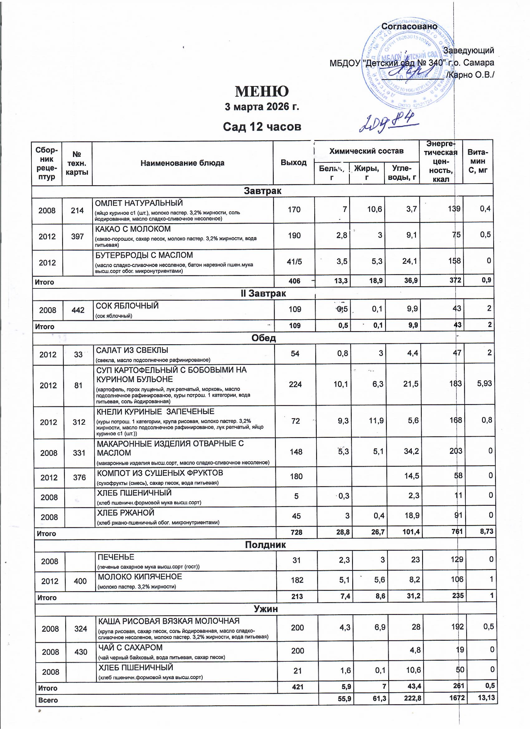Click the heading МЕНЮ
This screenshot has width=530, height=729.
pyautogui.click(x=262, y=91)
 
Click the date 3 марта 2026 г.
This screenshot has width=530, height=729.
pyautogui.click(x=262, y=107)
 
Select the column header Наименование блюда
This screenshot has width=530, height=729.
pyautogui.click(x=182, y=163)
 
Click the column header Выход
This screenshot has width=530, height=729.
pyautogui.click(x=293, y=162)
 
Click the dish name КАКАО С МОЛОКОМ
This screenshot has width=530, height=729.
pyautogui.click(x=133, y=229)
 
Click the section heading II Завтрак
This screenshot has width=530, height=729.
pyautogui.click(x=263, y=293)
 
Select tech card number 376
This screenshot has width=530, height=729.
pyautogui.click(x=79, y=477)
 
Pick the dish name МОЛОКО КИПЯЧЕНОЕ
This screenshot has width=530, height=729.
pyautogui.click(x=140, y=577)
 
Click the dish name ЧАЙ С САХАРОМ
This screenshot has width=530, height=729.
pyautogui.click(x=130, y=647)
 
